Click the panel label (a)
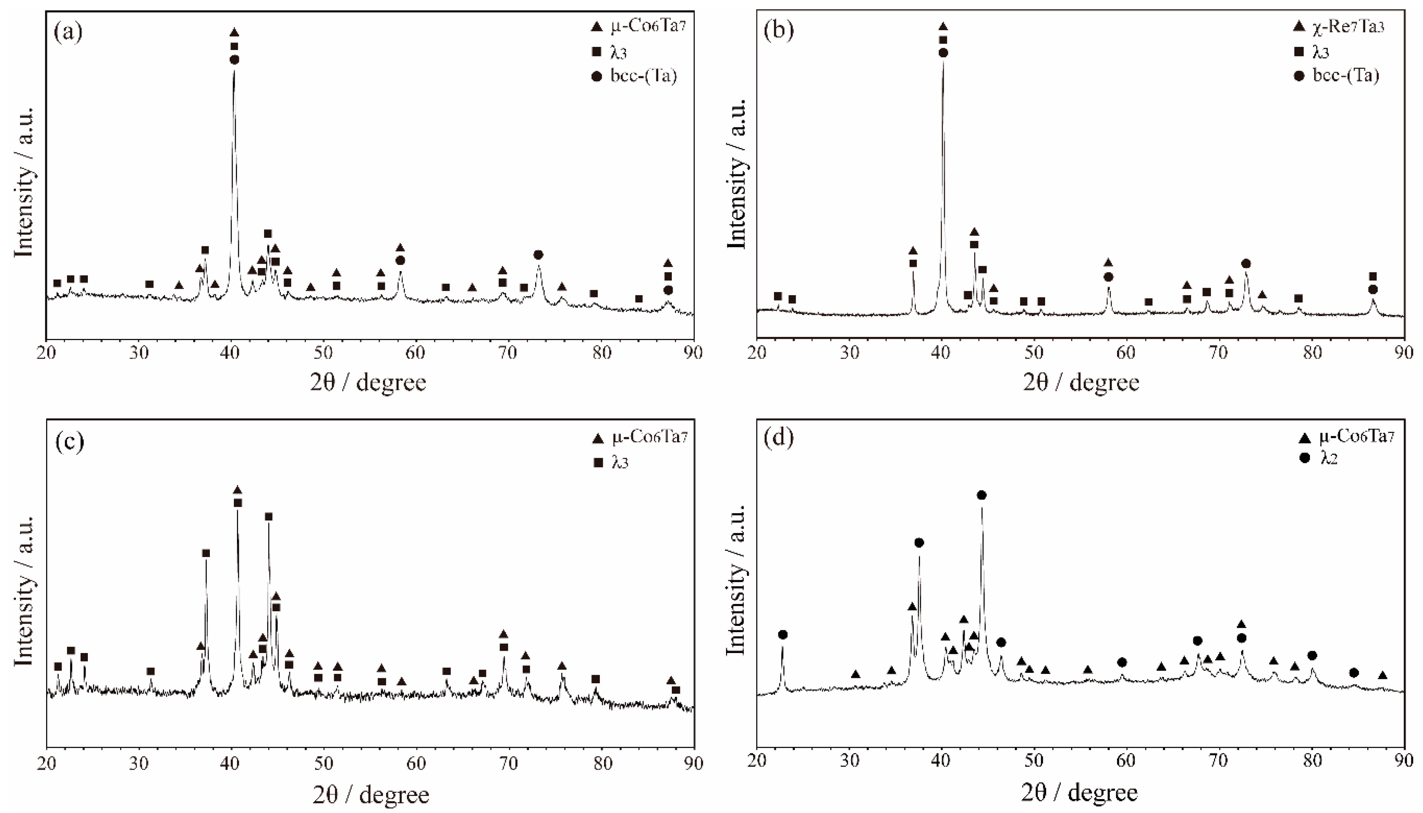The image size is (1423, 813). pyautogui.click(x=69, y=33)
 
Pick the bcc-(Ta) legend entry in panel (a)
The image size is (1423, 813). pyautogui.click(x=642, y=76)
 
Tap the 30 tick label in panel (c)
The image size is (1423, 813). pyautogui.click(x=138, y=763)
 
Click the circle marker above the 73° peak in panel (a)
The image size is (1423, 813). pyautogui.click(x=538, y=254)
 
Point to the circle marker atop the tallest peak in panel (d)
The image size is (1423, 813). pyautogui.click(x=982, y=495)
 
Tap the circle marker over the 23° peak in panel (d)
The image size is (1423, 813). pyautogui.click(x=783, y=635)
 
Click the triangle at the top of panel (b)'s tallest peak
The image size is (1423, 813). pyautogui.click(x=943, y=27)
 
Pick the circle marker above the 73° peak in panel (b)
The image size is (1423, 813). pyautogui.click(x=1246, y=263)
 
